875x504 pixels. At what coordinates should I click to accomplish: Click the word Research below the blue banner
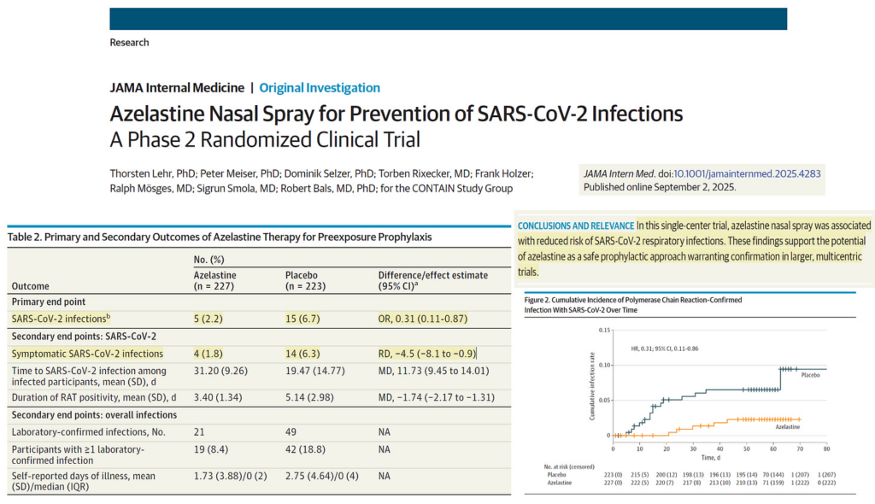click(129, 42)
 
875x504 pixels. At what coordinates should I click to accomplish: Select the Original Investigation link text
click(320, 87)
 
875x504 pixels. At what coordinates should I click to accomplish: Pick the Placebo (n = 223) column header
click(307, 280)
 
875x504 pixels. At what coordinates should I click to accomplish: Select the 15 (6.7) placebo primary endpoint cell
click(301, 319)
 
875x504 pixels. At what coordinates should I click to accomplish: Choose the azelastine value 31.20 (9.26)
click(220, 370)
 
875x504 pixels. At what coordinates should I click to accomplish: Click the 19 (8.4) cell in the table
click(212, 448)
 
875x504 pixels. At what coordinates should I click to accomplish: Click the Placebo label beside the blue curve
click(811, 373)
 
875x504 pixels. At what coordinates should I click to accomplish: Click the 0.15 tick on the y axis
click(605, 330)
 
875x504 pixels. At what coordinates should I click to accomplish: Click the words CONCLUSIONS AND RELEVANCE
click(576, 226)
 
